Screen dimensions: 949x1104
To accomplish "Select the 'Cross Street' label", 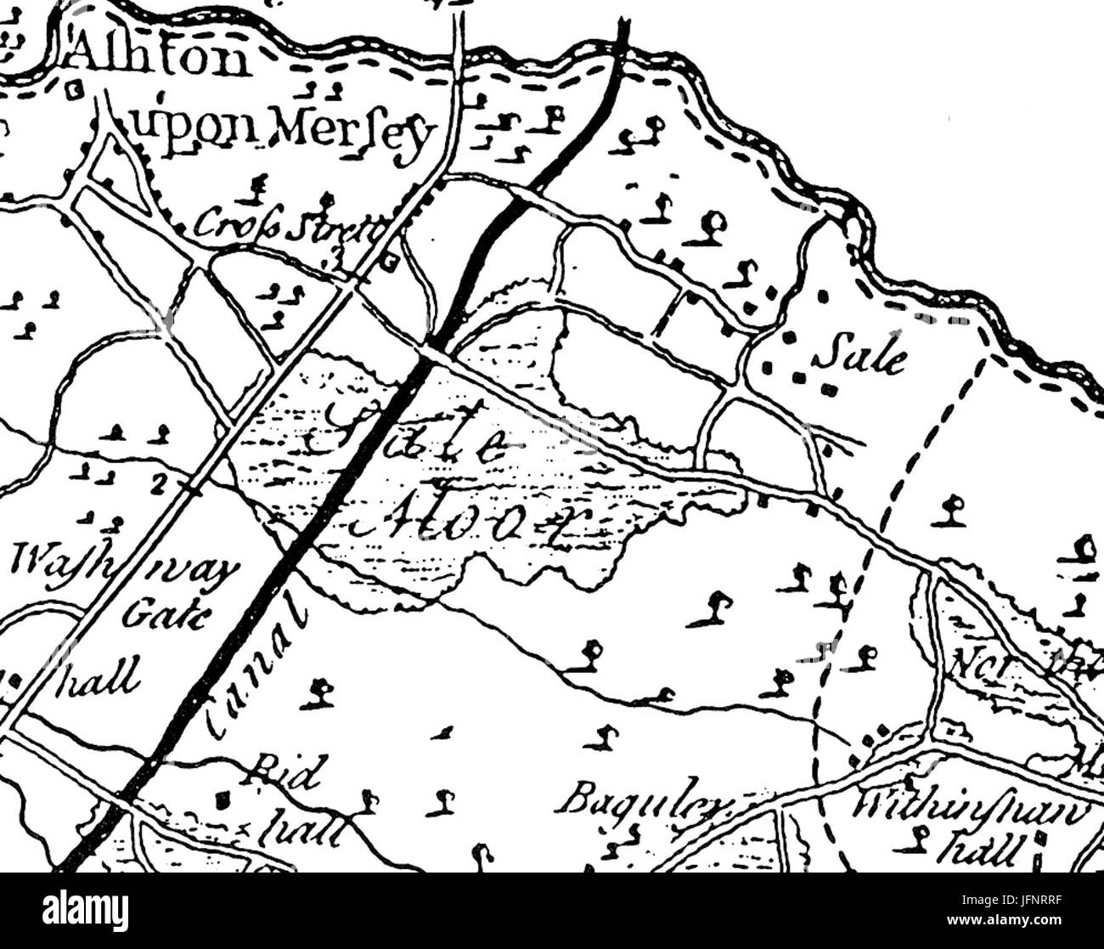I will click(288, 224).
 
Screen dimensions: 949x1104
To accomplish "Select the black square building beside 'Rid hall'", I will click(222, 799).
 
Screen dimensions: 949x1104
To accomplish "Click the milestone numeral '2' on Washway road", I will click(156, 483).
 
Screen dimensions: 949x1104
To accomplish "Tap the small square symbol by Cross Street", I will click(389, 263).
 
